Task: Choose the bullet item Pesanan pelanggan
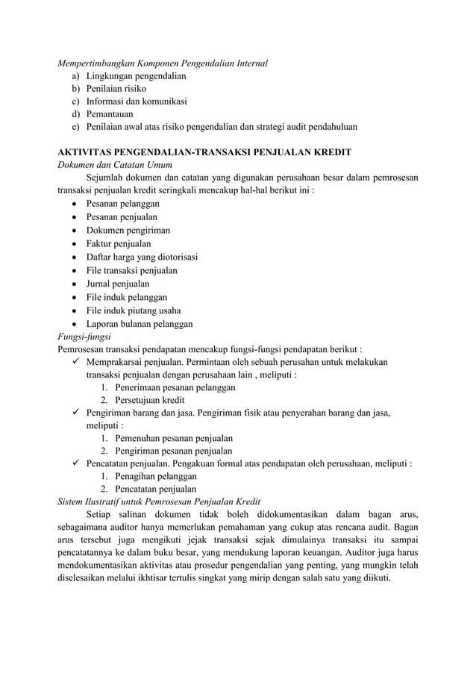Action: tap(122, 204)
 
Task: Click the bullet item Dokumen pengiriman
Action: tap(128, 230)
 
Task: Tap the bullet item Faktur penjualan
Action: tap(119, 243)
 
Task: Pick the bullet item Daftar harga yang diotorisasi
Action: tap(142, 257)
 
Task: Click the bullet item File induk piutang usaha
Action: tap(134, 310)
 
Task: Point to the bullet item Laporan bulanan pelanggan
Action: tap(140, 324)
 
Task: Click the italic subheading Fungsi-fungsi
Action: tap(84, 336)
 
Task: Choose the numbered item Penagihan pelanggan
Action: tap(156, 476)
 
